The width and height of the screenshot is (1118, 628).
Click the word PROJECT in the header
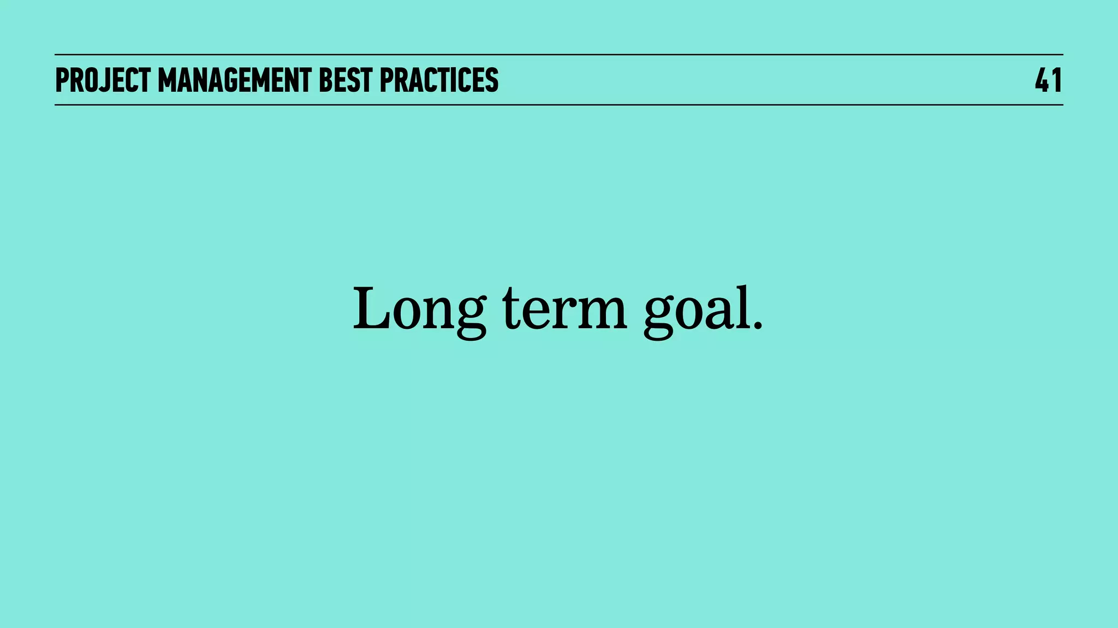(103, 80)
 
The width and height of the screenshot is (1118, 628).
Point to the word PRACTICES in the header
(439, 80)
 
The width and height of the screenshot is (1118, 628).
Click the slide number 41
(1048, 80)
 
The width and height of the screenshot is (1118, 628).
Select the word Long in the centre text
(419, 310)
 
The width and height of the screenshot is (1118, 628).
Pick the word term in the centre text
(564, 310)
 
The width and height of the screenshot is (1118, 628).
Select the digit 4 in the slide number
(1042, 80)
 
